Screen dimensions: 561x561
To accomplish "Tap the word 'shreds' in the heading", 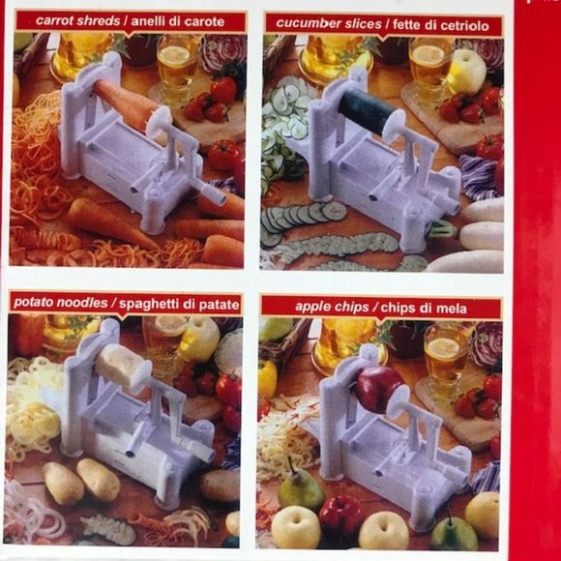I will pos(101,19).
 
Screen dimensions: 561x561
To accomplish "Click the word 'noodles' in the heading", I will pos(84,304).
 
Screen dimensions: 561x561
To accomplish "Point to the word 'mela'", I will pos(450,309).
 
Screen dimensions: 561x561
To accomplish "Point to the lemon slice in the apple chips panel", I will pos(444,348).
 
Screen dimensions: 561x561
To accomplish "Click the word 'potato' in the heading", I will pos(36,304).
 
